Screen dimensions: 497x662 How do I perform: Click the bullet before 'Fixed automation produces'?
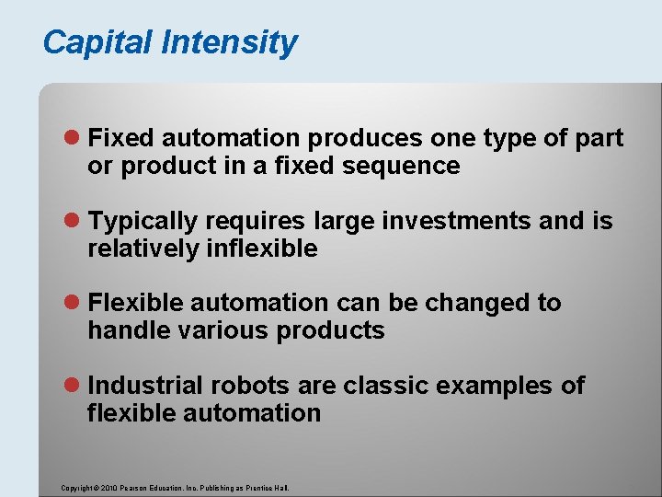74,139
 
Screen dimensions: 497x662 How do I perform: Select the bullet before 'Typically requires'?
74,222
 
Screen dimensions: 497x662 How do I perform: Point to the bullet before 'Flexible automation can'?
74,304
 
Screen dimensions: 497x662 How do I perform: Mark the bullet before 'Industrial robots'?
74,386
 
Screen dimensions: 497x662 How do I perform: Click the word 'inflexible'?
261,248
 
